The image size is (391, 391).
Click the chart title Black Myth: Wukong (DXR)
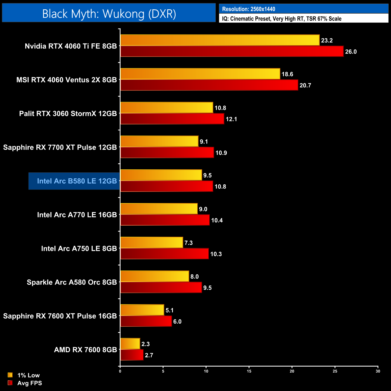109,14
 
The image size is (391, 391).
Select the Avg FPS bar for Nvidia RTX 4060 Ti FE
232,51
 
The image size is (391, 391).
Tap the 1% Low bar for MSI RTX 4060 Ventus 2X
200,74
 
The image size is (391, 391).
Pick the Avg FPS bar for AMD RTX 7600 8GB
132,355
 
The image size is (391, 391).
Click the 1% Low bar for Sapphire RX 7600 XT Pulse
142,310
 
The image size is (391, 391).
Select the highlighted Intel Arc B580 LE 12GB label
77,181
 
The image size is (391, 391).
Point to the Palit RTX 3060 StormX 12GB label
68,114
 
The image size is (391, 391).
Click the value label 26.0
351,52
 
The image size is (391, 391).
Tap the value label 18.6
287,74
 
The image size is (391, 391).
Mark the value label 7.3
189,243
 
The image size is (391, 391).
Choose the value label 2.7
149,355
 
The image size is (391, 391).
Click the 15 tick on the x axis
249,371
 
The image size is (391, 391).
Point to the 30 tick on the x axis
378,371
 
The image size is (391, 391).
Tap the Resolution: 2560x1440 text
249,9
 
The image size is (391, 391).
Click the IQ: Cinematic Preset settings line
282,19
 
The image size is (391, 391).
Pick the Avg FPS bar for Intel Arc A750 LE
164,254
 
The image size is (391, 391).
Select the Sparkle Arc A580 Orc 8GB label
72,282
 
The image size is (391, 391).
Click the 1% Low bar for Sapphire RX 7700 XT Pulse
159,141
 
